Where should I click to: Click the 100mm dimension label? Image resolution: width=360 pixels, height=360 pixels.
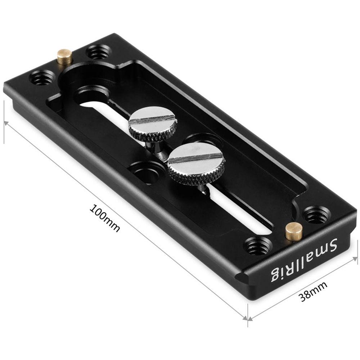[105, 218]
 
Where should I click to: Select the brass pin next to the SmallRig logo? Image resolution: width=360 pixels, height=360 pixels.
[294, 231]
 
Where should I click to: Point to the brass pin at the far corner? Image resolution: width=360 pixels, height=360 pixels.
[65, 57]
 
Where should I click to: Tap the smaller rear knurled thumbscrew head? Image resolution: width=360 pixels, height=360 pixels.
[152, 124]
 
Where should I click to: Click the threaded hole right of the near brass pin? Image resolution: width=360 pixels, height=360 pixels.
[316, 215]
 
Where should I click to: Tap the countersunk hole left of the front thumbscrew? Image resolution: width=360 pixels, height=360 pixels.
[147, 172]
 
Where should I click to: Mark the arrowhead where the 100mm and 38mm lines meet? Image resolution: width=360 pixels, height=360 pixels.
[248, 319]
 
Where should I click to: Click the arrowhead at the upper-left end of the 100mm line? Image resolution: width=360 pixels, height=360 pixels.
[5, 123]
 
